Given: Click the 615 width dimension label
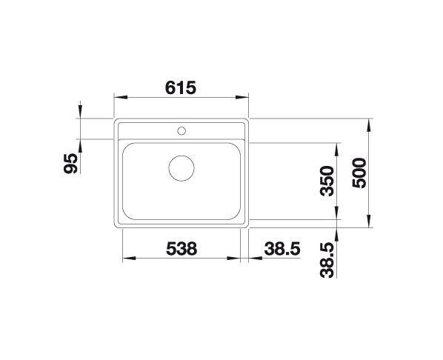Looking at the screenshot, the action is point(180,87).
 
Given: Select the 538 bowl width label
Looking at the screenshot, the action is point(181,249).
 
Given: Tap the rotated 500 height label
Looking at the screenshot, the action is point(359,173).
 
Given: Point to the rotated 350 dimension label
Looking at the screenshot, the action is point(327,181).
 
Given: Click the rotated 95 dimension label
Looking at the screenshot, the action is point(70,163).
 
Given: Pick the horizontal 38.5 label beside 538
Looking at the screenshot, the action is point(282,249).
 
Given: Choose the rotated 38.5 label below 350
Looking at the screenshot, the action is point(327,260).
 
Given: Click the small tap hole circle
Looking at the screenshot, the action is point(181,131).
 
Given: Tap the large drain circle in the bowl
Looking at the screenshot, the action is point(181,168).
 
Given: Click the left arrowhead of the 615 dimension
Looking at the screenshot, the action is point(120,97).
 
